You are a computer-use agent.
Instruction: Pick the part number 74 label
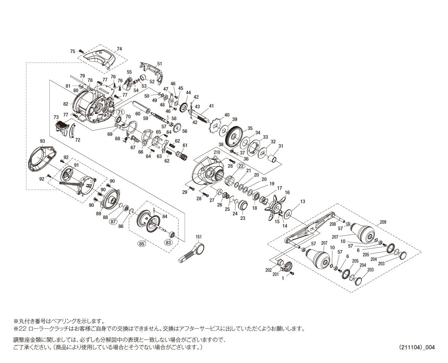pyautogui.click(x=119, y=49)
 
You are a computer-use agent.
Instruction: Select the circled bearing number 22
pyautogui.click(x=241, y=166)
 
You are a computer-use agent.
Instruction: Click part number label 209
pyautogui.click(x=383, y=222)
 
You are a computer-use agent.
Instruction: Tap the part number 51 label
pyautogui.click(x=160, y=64)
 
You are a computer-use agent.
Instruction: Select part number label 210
pyautogui.click(x=217, y=152)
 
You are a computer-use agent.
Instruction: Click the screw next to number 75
pyautogui.click(x=80, y=51)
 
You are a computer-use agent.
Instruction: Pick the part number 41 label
pyautogui.click(x=211, y=106)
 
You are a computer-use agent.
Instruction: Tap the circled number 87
pyautogui.click(x=113, y=221)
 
